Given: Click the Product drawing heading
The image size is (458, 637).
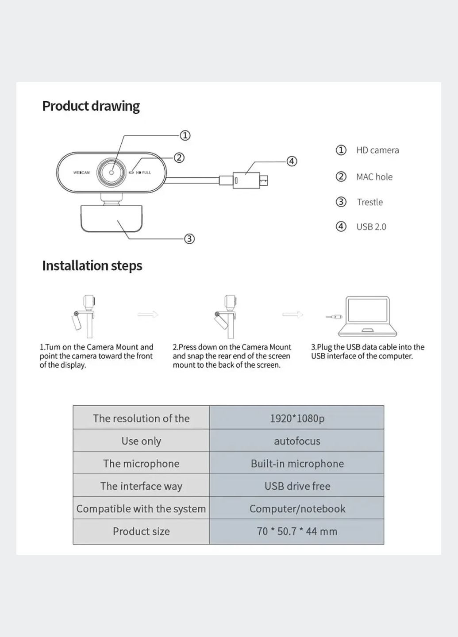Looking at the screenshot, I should (x=91, y=106).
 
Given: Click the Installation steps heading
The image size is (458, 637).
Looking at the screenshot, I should (x=92, y=266).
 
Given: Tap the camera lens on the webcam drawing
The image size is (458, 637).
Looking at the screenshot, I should (x=112, y=172).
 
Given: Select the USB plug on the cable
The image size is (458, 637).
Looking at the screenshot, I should (x=250, y=180).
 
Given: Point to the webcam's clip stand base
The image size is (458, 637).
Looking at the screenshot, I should (x=112, y=218).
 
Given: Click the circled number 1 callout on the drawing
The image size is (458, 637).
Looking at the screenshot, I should (x=185, y=135).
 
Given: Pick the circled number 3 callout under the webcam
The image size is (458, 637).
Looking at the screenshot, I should (x=189, y=239).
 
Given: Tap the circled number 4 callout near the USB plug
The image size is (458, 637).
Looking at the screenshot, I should (x=292, y=161).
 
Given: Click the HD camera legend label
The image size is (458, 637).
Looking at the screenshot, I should (x=377, y=150).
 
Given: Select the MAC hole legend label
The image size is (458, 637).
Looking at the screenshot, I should (x=374, y=177).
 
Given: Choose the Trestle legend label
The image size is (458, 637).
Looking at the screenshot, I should (x=370, y=202).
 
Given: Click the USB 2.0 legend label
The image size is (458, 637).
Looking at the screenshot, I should (x=371, y=227).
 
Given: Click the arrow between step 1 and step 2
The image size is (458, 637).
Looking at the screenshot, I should (x=148, y=315).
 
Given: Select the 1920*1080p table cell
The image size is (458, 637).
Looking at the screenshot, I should (x=297, y=418).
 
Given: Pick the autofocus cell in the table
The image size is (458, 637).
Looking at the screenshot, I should (x=297, y=441).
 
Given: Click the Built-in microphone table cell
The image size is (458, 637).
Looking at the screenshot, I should (x=297, y=463).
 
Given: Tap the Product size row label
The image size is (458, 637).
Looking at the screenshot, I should (x=141, y=531).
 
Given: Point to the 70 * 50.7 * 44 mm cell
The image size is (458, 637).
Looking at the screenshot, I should (x=297, y=531).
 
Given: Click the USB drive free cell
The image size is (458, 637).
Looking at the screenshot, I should (x=297, y=486).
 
